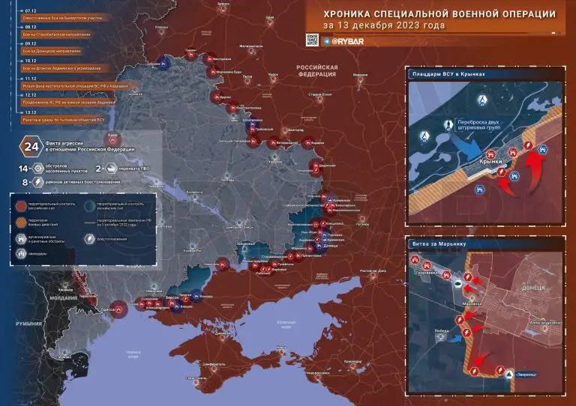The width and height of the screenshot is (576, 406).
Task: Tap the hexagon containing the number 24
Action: coord(31,145)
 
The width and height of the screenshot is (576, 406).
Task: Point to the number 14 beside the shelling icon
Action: coord(23,169)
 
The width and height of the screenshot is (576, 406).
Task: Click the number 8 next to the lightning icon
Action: coord(25,181)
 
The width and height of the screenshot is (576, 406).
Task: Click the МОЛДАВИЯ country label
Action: coord(64,297)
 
